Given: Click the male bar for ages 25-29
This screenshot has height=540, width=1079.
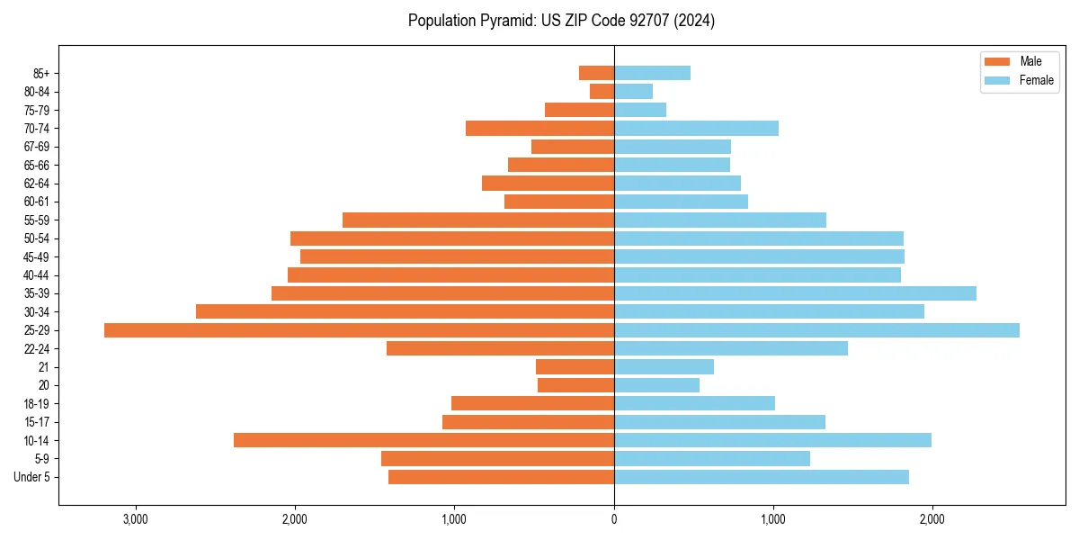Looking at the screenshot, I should click(359, 330).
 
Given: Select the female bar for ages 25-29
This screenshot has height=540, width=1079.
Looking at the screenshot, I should click(816, 330).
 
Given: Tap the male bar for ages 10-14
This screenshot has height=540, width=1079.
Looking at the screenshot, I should click(424, 440).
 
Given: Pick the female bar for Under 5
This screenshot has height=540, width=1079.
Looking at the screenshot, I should click(762, 477).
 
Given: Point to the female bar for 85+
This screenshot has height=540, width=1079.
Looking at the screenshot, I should click(652, 73).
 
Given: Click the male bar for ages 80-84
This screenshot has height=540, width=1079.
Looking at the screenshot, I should click(602, 91).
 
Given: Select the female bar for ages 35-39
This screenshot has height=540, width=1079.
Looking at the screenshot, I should click(795, 293).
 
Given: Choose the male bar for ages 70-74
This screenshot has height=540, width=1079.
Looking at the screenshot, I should click(539, 128).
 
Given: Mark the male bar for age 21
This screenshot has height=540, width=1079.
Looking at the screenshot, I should click(575, 367).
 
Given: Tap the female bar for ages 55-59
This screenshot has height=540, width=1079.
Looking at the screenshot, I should click(720, 220).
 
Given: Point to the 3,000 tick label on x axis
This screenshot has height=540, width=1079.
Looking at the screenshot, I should click(136, 519).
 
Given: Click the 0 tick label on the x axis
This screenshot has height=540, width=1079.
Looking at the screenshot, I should click(614, 519).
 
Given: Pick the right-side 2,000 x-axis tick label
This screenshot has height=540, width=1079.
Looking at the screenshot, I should click(932, 519).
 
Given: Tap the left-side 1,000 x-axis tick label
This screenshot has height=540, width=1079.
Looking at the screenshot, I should click(454, 519).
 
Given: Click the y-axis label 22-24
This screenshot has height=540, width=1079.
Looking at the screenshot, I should click(36, 348).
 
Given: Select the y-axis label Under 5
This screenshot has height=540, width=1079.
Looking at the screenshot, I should click(31, 477).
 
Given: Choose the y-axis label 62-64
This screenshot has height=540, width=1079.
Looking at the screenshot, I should click(36, 184).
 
